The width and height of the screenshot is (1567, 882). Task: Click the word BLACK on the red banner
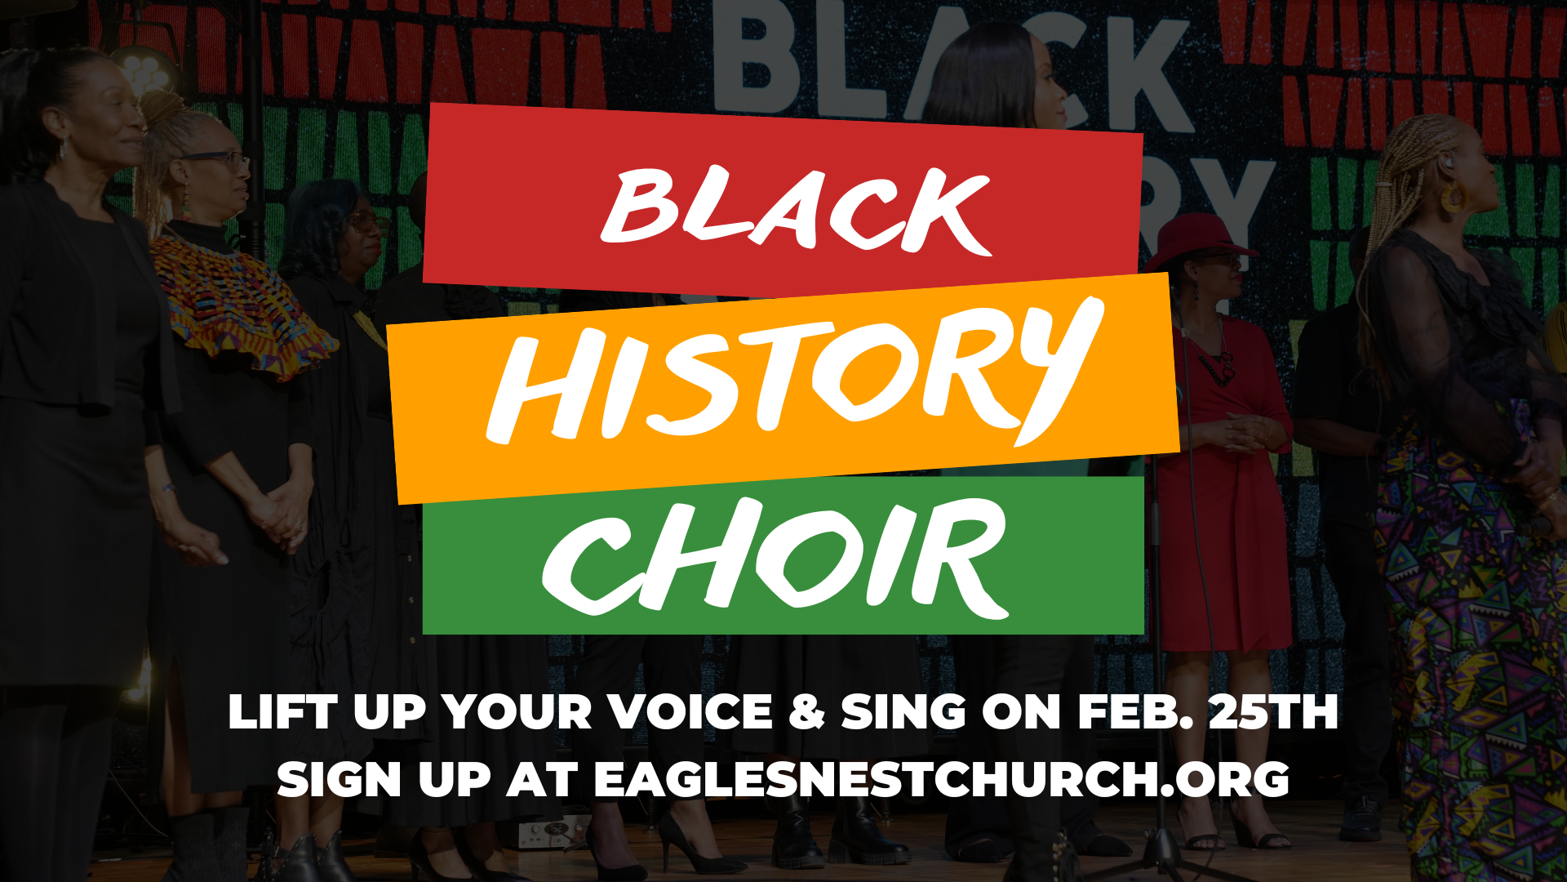796,208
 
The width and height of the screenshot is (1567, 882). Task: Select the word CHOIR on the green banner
775,555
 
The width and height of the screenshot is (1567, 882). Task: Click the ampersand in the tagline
807,711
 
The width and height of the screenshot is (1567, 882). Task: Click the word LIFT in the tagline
282,711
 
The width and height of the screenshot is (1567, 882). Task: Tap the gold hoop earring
1452,198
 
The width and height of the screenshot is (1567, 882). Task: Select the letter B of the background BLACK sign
747,53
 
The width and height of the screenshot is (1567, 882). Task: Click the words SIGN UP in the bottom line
384,779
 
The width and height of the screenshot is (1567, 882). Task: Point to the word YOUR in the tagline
517,711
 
